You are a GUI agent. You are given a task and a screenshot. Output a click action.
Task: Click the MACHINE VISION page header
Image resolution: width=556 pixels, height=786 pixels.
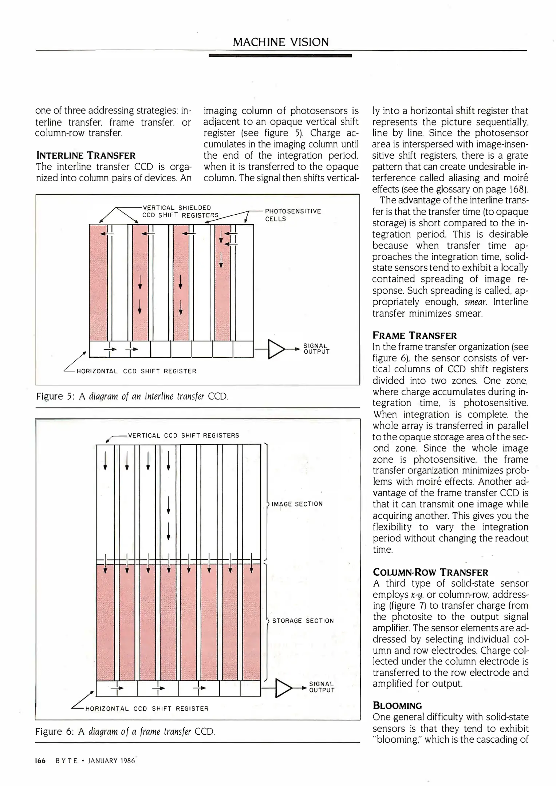(x=280, y=42)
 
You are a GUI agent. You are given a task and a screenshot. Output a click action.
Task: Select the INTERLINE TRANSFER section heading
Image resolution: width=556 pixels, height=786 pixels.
(x=86, y=156)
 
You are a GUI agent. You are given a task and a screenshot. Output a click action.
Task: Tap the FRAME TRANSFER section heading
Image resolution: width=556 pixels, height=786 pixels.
(x=415, y=335)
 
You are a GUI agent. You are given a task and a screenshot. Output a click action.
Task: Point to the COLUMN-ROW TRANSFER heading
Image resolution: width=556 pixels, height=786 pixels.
(x=430, y=572)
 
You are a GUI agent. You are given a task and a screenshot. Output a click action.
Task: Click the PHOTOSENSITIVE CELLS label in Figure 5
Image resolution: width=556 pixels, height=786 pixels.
(x=293, y=215)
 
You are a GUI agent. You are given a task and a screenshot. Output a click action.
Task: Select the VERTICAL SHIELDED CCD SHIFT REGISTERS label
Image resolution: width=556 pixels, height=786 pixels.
(x=180, y=211)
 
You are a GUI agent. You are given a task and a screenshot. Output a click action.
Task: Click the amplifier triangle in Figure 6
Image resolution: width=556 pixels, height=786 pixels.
(x=284, y=688)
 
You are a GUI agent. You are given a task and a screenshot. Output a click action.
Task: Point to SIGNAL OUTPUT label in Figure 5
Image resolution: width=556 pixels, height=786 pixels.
(x=316, y=349)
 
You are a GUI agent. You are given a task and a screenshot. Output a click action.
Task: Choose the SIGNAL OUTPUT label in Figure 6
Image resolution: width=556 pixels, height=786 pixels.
(x=322, y=687)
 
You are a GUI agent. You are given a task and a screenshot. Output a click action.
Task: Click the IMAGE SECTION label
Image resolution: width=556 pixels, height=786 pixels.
(x=297, y=504)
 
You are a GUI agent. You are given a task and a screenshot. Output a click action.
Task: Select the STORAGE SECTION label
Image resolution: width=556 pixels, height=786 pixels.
(x=303, y=620)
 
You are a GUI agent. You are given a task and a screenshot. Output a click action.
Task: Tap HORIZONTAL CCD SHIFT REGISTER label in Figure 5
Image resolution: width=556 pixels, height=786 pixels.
(x=136, y=371)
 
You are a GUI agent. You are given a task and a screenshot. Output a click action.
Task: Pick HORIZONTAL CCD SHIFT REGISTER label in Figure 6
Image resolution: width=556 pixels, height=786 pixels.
(x=147, y=708)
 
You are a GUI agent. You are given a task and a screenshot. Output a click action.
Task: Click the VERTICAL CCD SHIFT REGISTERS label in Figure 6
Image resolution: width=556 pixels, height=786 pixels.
(x=184, y=435)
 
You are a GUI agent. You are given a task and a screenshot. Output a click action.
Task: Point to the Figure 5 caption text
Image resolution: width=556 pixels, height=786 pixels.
(x=132, y=396)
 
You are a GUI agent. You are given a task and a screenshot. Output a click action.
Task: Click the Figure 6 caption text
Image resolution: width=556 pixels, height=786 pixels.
(x=125, y=731)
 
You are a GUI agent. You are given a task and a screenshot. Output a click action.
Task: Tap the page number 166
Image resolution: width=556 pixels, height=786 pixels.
(x=40, y=761)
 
